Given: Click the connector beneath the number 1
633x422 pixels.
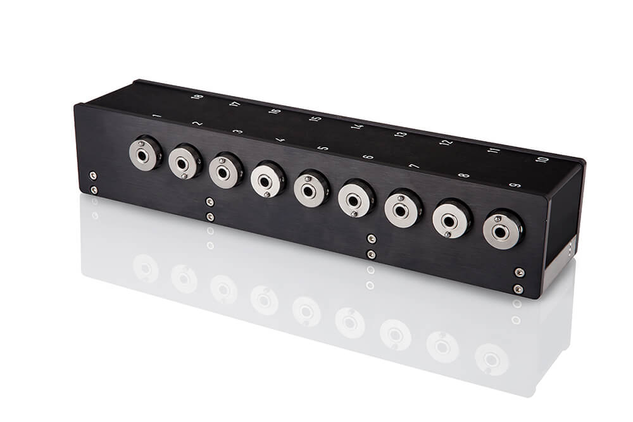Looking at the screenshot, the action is [145, 154].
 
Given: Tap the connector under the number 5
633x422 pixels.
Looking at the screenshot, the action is [311, 189].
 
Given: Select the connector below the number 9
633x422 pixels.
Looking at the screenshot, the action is [502, 230].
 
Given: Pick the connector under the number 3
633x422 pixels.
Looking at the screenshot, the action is [225, 171].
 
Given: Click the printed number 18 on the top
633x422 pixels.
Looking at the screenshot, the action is [197, 96].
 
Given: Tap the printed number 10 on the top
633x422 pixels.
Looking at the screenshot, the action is [542, 159].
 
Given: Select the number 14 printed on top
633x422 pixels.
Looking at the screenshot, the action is [357, 127].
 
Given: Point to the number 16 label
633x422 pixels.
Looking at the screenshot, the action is [275, 111].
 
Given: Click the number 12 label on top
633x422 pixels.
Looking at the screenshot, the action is [446, 142].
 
